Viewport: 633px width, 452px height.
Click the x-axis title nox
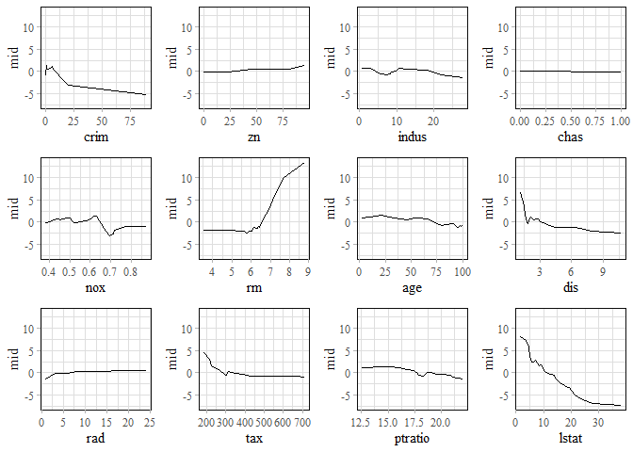coord(94,288)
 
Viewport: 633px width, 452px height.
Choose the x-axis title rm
coord(253,288)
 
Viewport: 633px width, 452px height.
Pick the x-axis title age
coord(411,288)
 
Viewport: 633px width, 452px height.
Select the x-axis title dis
coord(569,288)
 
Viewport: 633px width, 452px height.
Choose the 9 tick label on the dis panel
coord(603,272)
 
